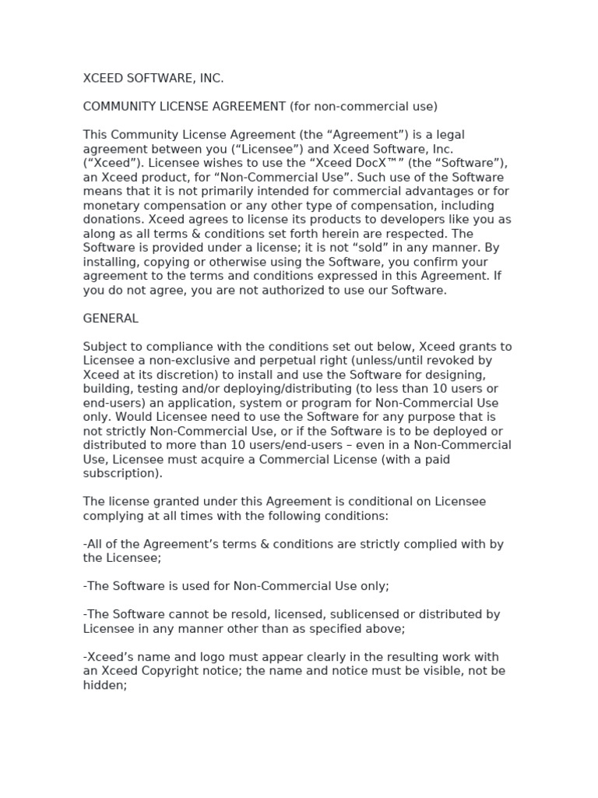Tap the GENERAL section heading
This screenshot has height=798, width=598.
[x=111, y=318]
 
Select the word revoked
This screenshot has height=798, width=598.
[x=459, y=361]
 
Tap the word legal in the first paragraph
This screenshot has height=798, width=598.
[x=452, y=135]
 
